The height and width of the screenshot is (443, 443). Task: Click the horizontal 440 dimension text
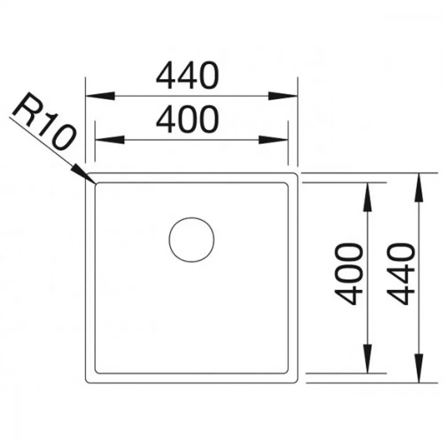[x=187, y=75]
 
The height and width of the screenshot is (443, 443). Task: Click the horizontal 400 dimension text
[x=187, y=119]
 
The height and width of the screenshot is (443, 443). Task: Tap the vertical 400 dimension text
[x=348, y=274]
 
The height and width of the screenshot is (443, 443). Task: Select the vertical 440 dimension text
[x=400, y=274]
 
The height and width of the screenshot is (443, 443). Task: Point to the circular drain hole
[x=191, y=240]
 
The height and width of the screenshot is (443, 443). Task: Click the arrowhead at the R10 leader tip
[x=83, y=174]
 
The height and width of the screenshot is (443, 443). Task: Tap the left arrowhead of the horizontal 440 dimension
[x=100, y=96]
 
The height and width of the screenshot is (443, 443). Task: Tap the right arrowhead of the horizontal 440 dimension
[x=283, y=96]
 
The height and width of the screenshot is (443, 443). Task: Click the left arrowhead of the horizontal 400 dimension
[x=110, y=140]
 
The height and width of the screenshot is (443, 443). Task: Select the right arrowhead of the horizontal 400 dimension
[x=273, y=140]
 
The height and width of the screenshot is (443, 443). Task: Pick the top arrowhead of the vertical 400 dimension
[x=367, y=197]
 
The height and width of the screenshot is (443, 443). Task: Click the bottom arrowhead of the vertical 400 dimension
[x=367, y=359]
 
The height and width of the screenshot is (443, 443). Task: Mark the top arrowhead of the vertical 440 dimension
[x=419, y=187]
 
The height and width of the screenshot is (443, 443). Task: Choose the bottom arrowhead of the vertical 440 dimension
[x=419, y=369]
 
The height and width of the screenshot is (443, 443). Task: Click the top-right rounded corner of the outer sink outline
[x=296, y=174]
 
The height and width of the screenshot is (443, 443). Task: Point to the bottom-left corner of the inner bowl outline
[x=97, y=372]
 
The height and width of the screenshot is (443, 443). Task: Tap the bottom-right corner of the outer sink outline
[x=296, y=381]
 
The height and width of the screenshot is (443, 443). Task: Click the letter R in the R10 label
[x=25, y=107]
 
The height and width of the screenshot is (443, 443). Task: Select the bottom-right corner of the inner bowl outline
[x=287, y=372]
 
